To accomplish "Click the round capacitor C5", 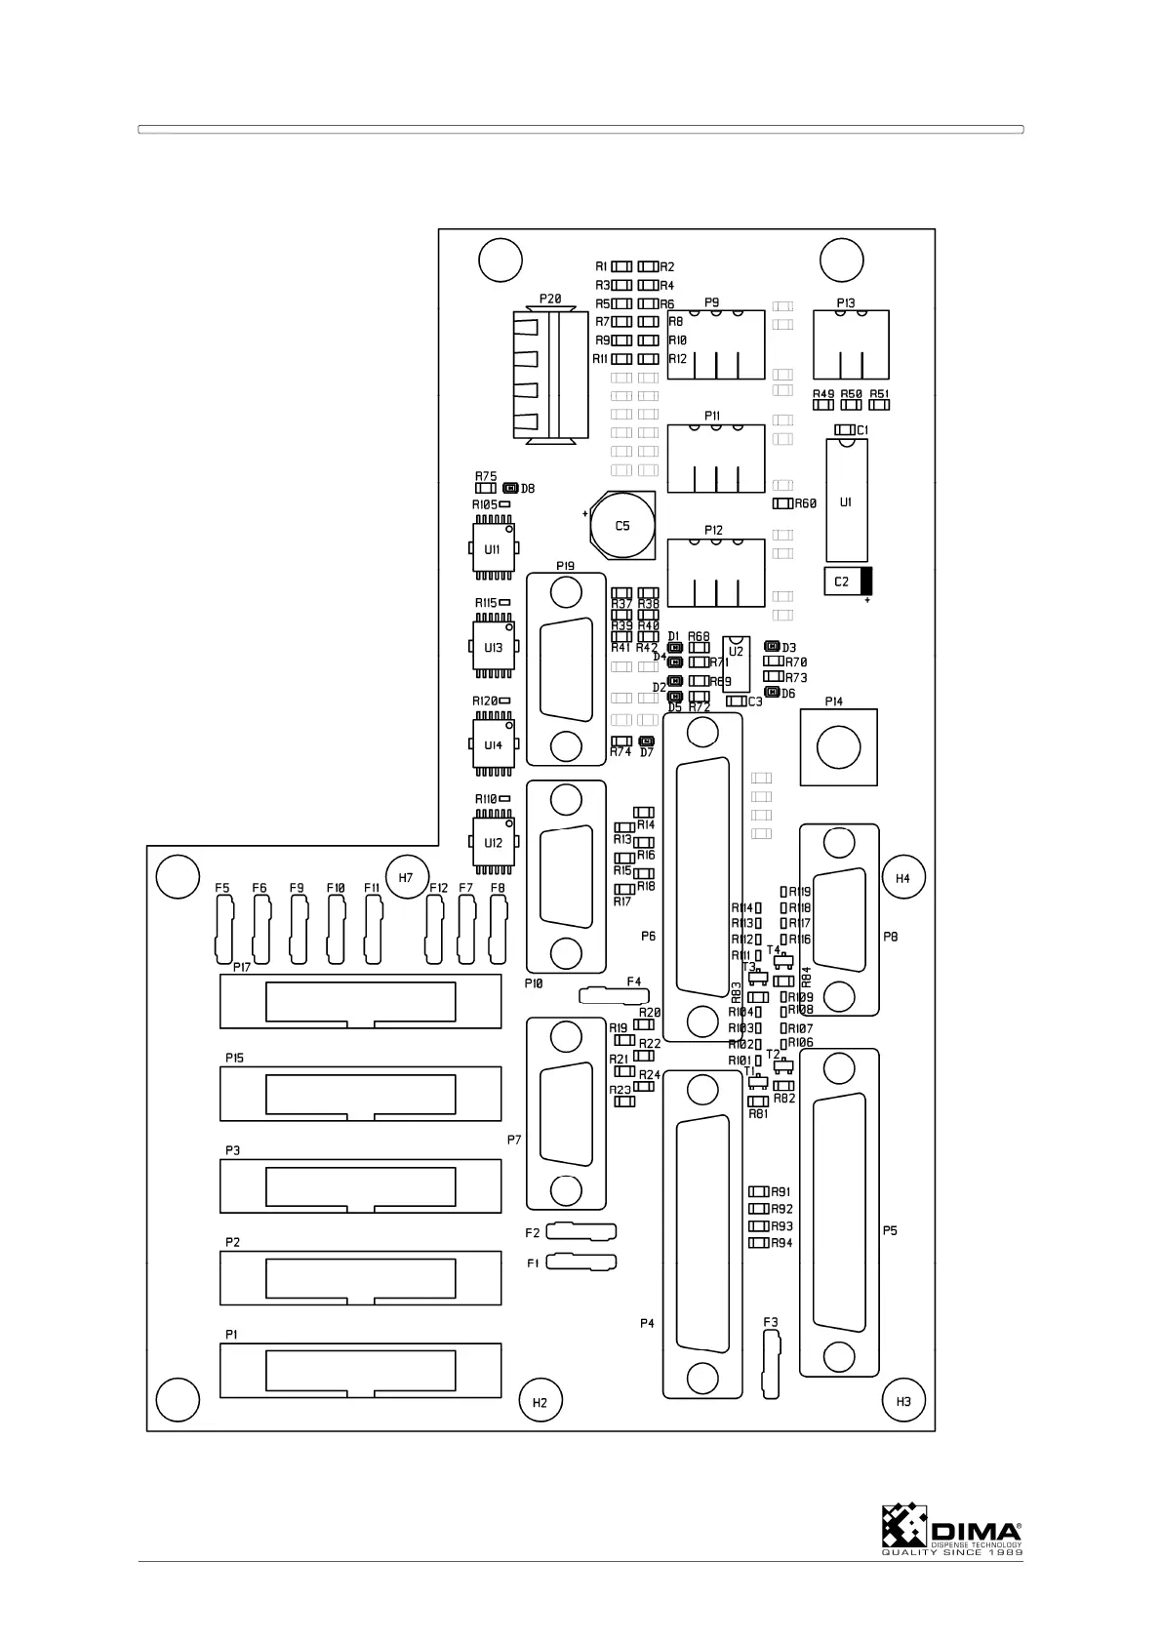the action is coord(622,527).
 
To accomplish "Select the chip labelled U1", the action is coord(846,501).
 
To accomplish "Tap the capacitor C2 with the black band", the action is coord(847,581).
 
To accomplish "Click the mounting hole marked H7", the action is coord(406,877).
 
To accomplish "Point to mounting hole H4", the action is coord(902,878).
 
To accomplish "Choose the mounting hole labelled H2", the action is coord(540,1402).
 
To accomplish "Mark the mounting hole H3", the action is coord(902,1401).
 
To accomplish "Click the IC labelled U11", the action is coord(493,550).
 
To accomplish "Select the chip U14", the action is coord(493,745).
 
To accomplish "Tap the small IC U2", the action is coord(737,663).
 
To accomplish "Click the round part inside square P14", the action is coord(838,748).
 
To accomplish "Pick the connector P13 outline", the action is coord(851,344).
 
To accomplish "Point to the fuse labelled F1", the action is coord(581,1262).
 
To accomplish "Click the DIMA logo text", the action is coord(976,1530).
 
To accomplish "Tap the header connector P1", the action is coord(360,1370).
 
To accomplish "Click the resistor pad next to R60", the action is coord(781,503).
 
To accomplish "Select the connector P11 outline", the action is coord(715,459).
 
